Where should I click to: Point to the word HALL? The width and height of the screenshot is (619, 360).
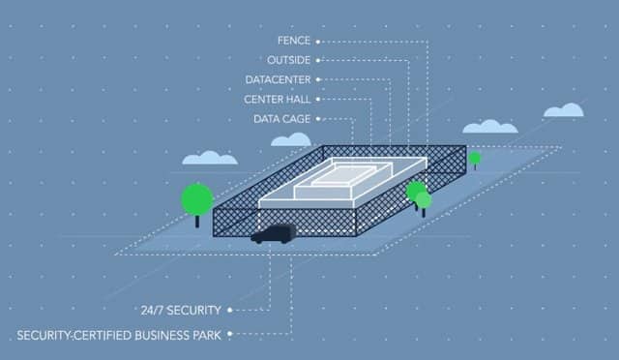pos(295,99)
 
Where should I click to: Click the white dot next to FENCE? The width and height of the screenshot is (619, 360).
pos(318,42)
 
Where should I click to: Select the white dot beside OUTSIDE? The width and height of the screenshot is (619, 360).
pos(318,60)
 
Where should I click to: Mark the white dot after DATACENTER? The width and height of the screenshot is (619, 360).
pos(318,79)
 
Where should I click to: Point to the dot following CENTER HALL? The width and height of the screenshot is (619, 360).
pos(318,99)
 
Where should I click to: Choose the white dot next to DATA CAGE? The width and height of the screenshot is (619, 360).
pos(318,118)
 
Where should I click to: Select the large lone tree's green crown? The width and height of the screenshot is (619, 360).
pos(197,199)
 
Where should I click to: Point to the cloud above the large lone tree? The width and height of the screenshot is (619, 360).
pos(210,157)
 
